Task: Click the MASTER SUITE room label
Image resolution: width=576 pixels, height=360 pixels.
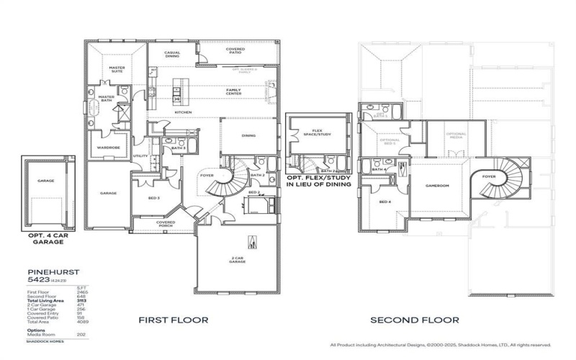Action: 117,69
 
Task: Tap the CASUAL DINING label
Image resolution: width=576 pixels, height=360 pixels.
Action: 172,55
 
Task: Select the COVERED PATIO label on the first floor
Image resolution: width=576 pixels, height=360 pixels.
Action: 235,50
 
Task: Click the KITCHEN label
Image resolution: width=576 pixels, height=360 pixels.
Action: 182,112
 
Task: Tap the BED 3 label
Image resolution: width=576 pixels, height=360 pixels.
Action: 153,197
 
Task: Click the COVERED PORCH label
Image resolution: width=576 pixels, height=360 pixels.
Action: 166,223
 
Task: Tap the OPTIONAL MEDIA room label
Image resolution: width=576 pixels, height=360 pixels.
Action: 456,136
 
